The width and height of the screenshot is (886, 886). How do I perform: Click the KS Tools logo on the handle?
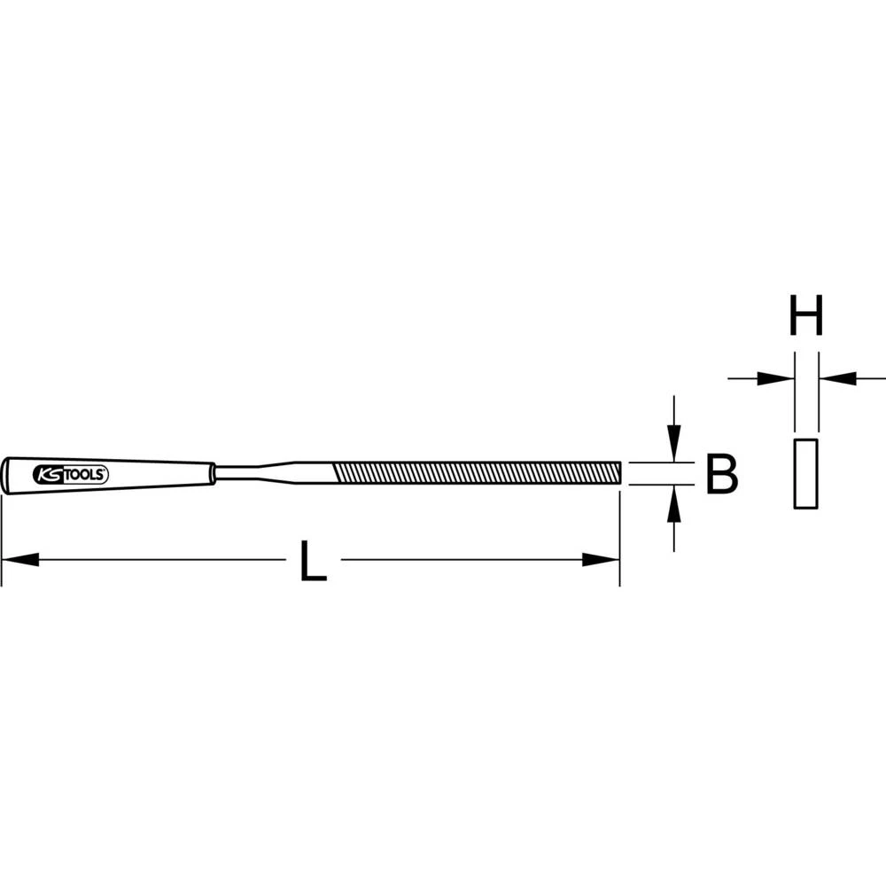pos(71,475)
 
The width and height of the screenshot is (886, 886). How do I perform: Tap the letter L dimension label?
pos(313,560)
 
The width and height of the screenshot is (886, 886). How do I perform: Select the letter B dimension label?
pos(721,475)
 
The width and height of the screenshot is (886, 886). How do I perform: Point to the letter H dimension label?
pos(806,316)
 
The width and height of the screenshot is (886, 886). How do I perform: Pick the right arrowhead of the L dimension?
pos(601,560)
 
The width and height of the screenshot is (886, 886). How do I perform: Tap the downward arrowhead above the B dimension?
pos(674,442)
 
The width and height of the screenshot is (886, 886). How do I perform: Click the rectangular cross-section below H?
pos(804,473)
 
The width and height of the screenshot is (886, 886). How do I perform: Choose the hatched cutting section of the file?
pos(474,473)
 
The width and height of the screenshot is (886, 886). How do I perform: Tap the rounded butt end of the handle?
pos(7,476)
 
